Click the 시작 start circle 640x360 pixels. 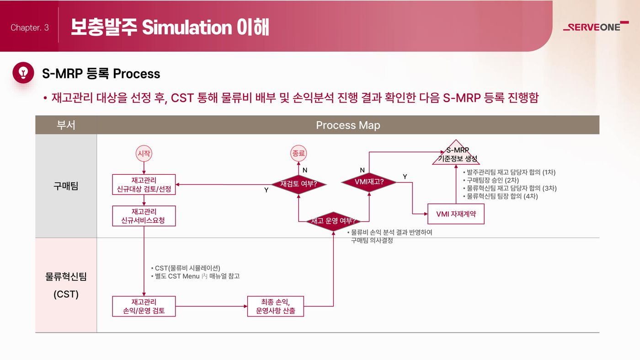point(144,154)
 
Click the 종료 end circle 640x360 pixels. point(299,154)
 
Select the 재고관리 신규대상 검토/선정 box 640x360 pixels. point(144,184)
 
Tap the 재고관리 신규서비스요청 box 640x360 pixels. point(144,216)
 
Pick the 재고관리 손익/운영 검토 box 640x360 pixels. point(144,306)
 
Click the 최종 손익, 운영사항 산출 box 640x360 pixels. point(275,306)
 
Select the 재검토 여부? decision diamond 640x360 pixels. point(299,184)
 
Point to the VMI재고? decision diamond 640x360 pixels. point(369,182)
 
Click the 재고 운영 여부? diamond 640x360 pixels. point(333,221)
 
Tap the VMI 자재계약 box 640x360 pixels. point(456,214)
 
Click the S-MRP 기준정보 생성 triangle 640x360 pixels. point(456,155)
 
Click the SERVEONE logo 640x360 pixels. point(596,27)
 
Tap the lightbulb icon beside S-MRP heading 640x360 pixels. point(23,73)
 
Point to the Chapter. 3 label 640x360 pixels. point(30,27)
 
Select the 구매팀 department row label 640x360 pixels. point(66,186)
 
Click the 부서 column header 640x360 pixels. point(66,125)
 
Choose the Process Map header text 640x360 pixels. point(348,125)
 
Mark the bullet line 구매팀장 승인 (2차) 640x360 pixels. point(491,180)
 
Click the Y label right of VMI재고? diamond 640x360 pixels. point(405,177)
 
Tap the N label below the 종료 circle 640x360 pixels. point(305,170)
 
